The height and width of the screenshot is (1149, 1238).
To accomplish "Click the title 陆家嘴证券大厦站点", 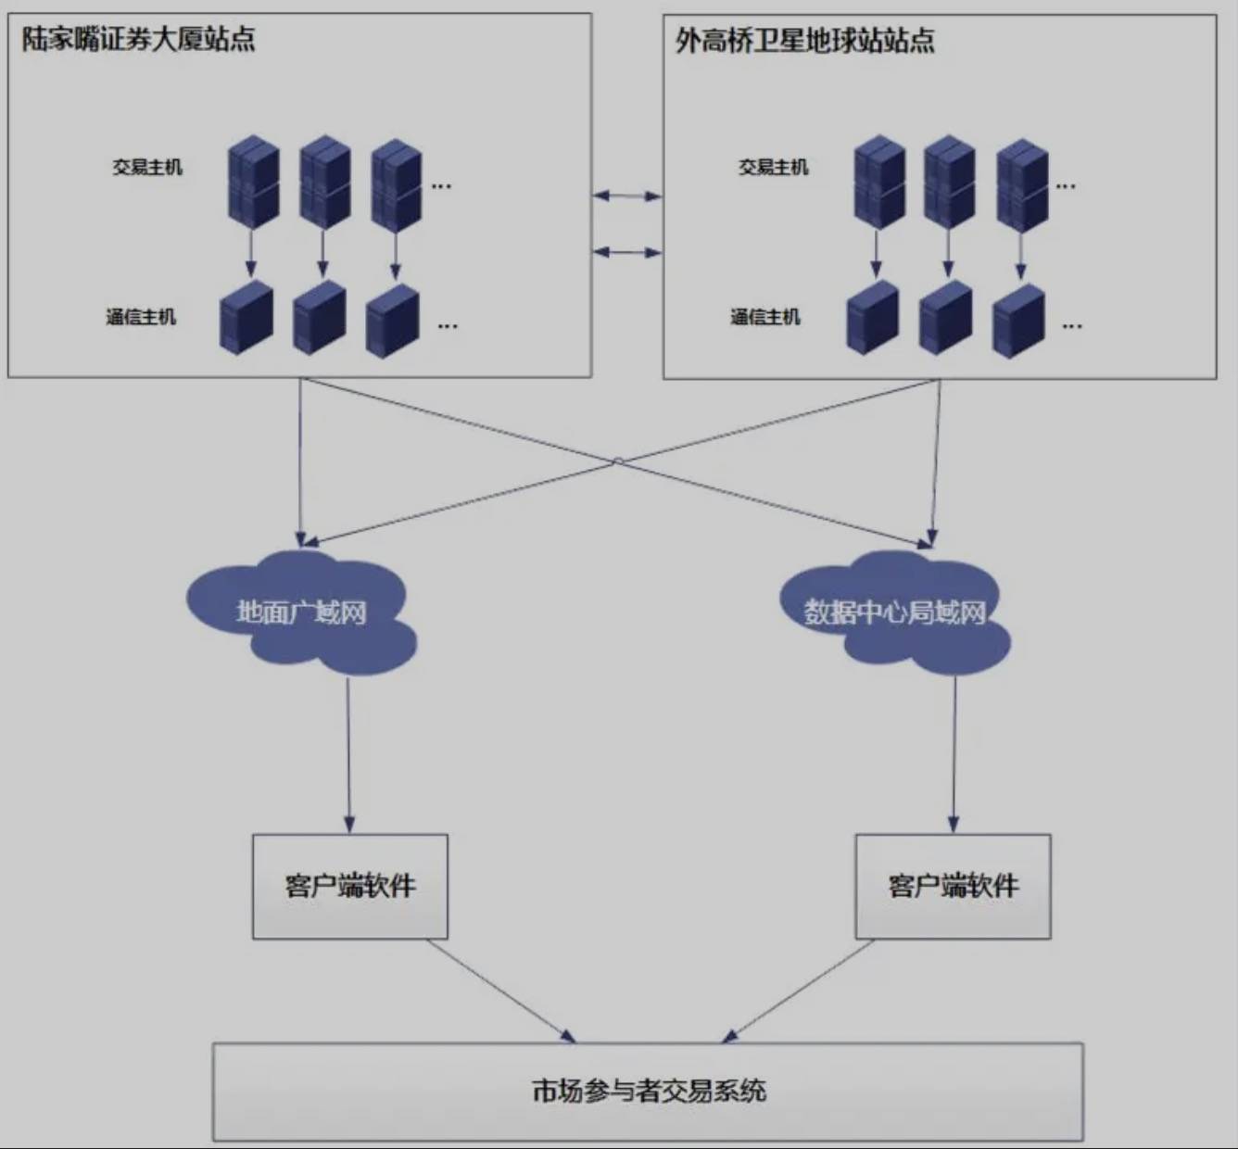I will tap(138, 40).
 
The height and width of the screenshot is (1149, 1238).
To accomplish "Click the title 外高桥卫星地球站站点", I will tap(804, 41).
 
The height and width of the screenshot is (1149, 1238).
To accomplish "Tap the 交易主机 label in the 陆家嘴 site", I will tap(147, 168).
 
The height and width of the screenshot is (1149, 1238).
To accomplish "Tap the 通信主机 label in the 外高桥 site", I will tap(764, 317).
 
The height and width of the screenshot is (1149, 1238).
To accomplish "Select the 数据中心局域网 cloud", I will tap(894, 612).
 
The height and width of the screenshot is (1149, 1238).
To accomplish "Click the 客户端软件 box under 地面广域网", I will tap(350, 886).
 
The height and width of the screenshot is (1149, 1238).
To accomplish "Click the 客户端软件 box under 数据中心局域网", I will tap(953, 886).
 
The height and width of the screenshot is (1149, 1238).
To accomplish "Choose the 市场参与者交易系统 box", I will tap(648, 1091).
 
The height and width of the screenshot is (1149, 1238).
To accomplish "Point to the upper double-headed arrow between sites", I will tap(627, 196).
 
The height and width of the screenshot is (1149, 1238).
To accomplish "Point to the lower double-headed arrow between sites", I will tap(627, 252).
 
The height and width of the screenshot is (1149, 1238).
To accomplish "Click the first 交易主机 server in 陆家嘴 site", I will tap(254, 182).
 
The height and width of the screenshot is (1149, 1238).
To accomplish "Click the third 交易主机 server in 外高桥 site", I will tap(1022, 183).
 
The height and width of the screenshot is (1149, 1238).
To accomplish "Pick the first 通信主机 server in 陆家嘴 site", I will tap(246, 318).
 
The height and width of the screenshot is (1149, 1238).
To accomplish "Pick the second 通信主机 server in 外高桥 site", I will tap(945, 318).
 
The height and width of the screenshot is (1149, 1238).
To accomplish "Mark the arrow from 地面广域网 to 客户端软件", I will tap(348, 755).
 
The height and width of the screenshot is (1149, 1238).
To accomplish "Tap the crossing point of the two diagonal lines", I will tap(618, 461).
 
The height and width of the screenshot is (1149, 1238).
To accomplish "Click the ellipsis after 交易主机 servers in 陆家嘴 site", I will tap(441, 186).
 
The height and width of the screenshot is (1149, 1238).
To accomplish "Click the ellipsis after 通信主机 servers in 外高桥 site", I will tap(1072, 326).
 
